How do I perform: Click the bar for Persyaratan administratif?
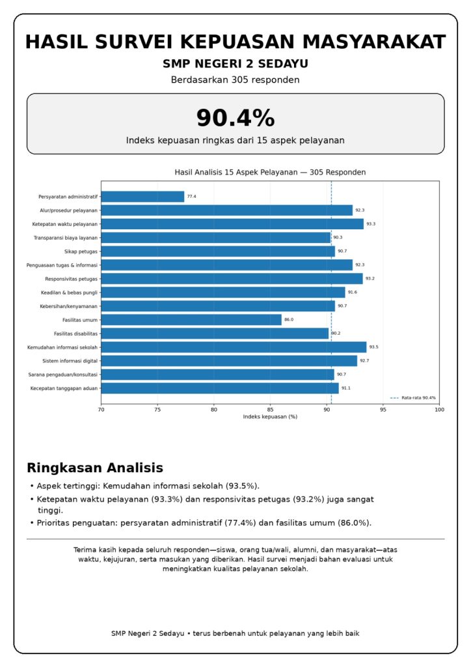click(142, 197)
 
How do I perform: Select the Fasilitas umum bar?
click(191, 319)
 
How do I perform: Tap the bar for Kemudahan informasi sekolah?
click(234, 347)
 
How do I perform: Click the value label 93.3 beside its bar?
click(371, 224)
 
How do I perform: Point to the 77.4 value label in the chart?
click(191, 197)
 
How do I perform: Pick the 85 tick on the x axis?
click(270, 410)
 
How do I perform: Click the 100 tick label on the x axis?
click(439, 410)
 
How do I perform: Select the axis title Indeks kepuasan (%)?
click(270, 417)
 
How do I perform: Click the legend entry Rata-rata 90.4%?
click(413, 398)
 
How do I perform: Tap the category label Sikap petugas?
click(81, 251)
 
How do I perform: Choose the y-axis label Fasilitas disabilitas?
click(75, 333)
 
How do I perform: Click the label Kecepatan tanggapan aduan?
click(64, 388)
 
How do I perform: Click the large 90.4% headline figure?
click(235, 118)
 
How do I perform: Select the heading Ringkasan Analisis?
click(95, 468)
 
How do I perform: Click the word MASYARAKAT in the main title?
click(374, 42)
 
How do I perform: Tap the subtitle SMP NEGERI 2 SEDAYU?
click(235, 64)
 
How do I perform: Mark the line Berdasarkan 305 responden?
click(235, 80)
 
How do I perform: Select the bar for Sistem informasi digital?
click(229, 361)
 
